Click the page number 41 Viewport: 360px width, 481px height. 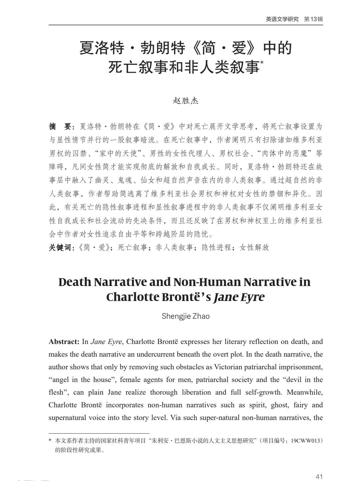click(319, 476)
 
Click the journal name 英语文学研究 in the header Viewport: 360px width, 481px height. click(282, 19)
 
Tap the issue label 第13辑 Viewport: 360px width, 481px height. click(313, 19)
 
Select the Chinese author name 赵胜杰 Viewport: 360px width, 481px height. click(185, 100)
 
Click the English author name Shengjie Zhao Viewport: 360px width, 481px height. click(185, 316)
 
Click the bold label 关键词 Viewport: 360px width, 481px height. click(60, 247)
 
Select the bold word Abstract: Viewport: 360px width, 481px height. click(64, 342)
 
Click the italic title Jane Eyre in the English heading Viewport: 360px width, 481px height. click(239, 297)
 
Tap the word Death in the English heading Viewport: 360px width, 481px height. click(75, 282)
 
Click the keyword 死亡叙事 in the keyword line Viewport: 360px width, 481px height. click(132, 247)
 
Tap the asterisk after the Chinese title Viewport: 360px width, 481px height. click(262, 62)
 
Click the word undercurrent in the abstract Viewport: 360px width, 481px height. click(157, 354)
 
